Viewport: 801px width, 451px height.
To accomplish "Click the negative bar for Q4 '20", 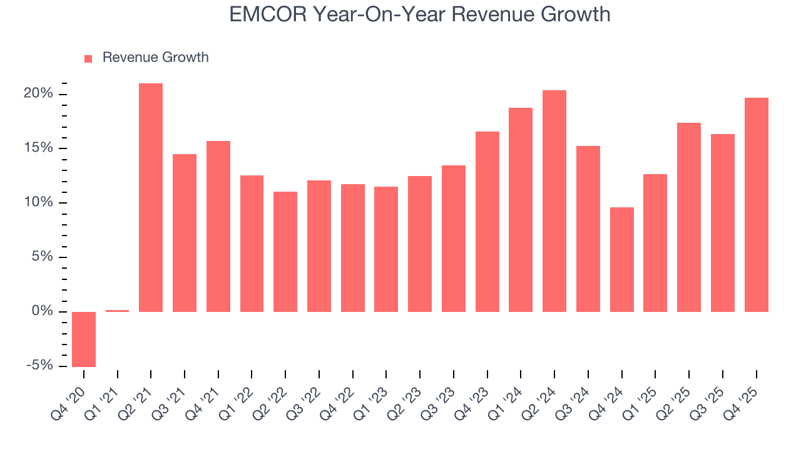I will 84,339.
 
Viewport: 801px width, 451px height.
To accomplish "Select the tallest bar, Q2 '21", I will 151,197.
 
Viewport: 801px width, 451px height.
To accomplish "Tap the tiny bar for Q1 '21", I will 117,311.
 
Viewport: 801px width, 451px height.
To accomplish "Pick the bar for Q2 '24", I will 554,201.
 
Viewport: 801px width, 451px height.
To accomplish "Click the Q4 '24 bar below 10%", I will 621,259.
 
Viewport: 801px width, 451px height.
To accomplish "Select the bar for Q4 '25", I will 756,205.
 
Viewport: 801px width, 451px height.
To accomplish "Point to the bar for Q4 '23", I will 487,222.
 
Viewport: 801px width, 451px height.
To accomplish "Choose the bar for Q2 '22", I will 285,252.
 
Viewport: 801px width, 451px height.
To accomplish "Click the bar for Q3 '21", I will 185,233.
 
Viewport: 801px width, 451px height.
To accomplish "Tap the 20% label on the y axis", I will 39,94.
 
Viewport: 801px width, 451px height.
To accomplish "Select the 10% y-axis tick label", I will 39,202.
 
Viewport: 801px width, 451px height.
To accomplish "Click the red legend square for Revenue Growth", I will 88,58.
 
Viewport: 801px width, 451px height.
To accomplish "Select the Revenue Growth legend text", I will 155,58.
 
